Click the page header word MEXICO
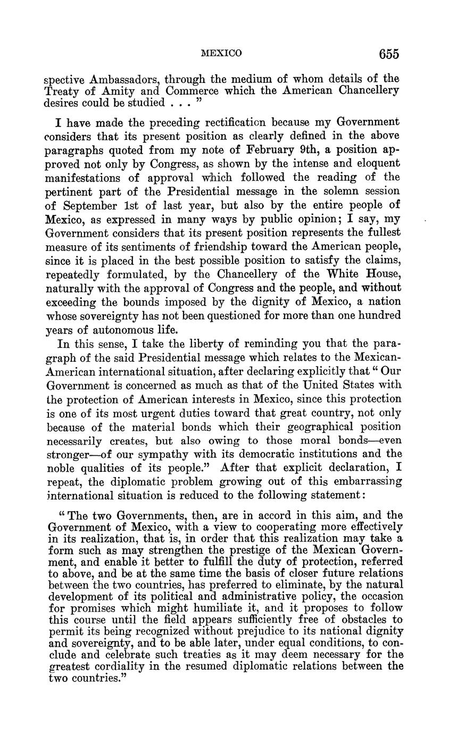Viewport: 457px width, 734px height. pos(221,53)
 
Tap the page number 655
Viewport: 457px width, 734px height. pos(389,54)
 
